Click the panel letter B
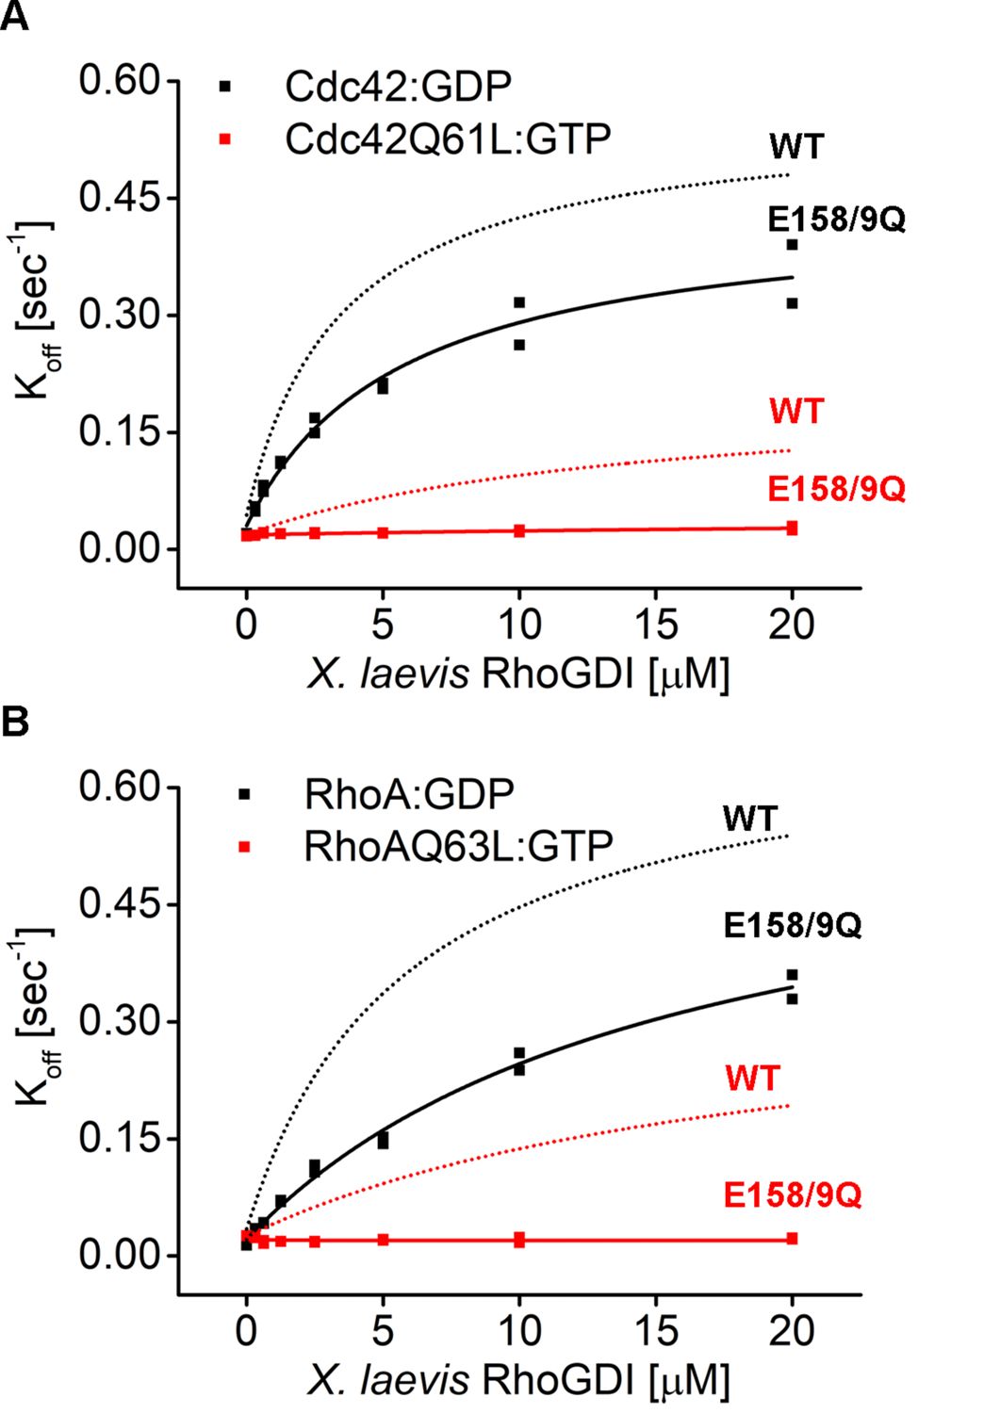coord(14,723)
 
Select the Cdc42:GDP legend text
coord(398,87)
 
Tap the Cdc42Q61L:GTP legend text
coord(448,139)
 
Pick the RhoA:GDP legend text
coord(408,794)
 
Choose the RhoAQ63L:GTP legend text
coord(458,846)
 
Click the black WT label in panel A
coord(796,147)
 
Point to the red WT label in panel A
coord(796,412)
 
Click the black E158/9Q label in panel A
coord(836,219)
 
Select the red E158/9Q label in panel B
coord(793,1195)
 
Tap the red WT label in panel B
coord(753,1079)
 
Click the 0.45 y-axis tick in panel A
coord(120,198)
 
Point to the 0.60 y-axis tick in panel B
coord(120,787)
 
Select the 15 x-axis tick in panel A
coord(655,625)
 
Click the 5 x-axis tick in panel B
coord(382,1331)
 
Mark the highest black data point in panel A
coord(792,245)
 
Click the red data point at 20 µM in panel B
coord(792,1239)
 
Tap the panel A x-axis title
coord(518,674)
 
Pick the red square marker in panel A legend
coord(224,139)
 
